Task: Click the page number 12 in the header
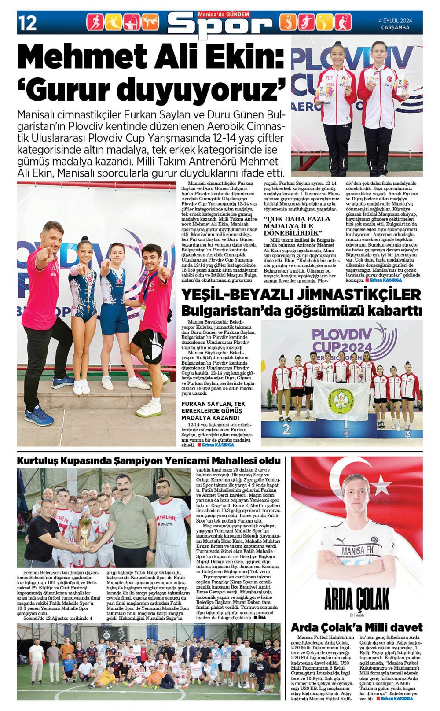tap(27, 23)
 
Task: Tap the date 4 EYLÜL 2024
tap(395, 20)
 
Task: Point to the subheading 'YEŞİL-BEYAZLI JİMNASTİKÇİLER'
tap(301, 295)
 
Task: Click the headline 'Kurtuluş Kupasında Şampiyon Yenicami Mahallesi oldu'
tap(149, 461)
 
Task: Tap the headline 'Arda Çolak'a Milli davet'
tap(356, 627)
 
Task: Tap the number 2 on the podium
tap(286, 429)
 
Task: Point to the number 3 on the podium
tap(407, 434)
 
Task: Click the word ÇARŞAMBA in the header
tap(395, 27)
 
